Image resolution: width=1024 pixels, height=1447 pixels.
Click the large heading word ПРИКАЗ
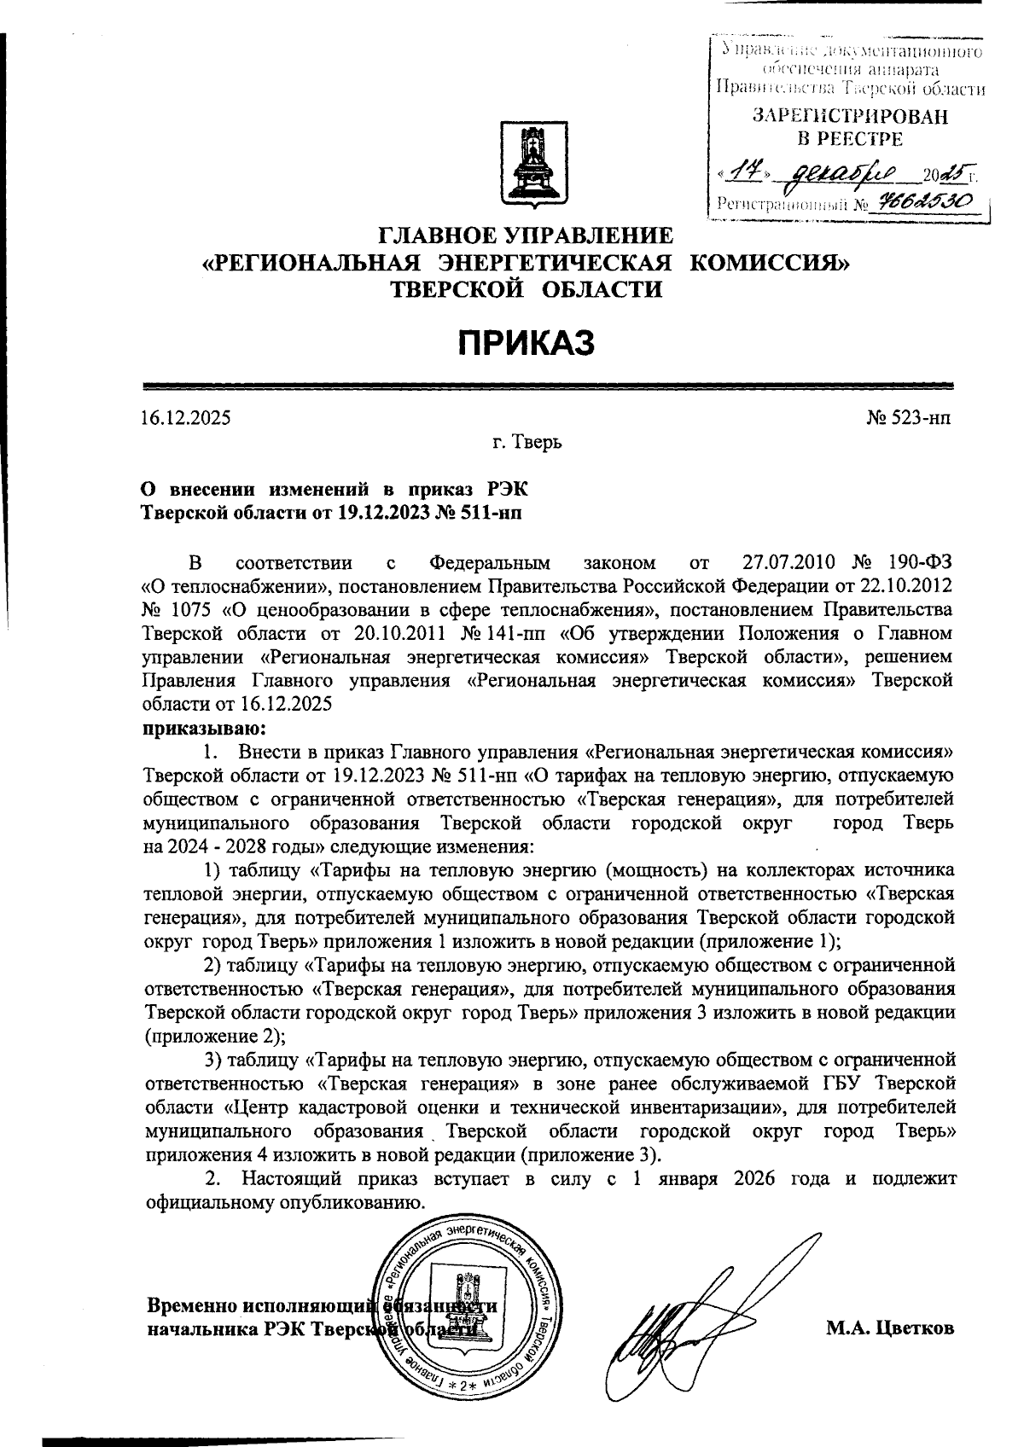coord(523,344)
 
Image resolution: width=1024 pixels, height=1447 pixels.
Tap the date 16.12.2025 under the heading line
coord(185,418)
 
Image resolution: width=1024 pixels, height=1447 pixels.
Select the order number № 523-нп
coord(908,418)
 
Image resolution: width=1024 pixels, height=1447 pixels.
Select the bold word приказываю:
coord(194,729)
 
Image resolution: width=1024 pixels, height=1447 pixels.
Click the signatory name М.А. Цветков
coord(889,1328)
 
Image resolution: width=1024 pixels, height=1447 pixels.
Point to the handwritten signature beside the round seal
coord(683,1322)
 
